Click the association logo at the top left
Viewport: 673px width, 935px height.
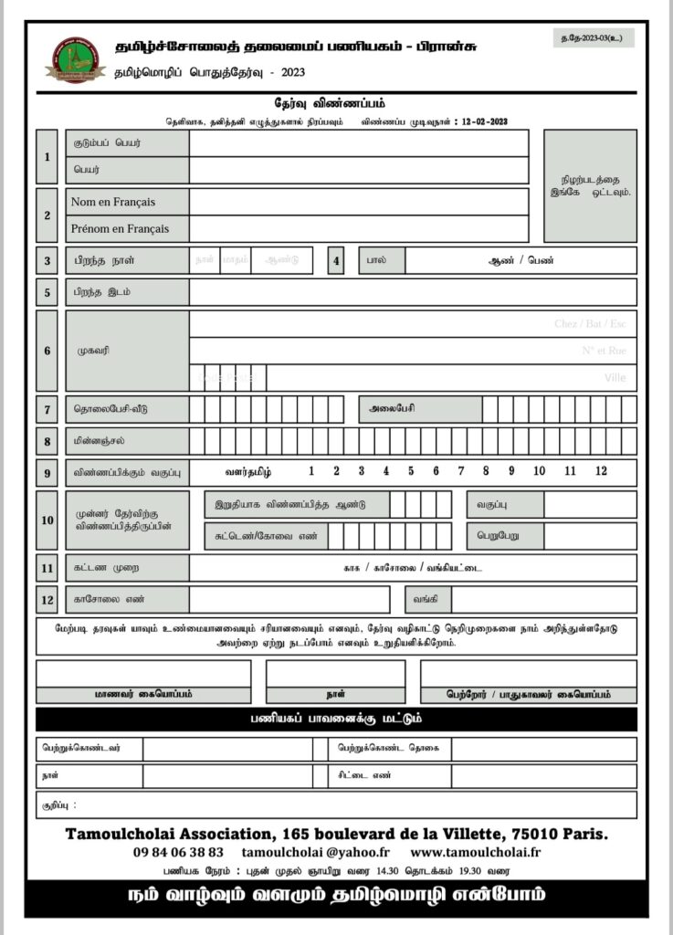click(75, 60)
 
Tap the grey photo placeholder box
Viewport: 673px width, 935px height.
click(590, 185)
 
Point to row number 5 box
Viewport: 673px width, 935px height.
click(47, 292)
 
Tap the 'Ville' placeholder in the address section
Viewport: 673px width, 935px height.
click(615, 377)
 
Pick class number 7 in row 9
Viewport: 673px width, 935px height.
click(460, 471)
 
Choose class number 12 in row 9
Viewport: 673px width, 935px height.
click(600, 471)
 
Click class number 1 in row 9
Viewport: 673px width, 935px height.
click(311, 471)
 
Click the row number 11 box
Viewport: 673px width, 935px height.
click(47, 568)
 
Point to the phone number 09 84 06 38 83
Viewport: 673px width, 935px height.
click(178, 851)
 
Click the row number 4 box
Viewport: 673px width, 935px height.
click(335, 261)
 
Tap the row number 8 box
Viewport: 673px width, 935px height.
click(47, 441)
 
